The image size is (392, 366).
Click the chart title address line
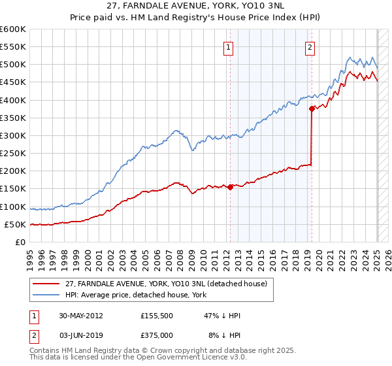tap(195, 6)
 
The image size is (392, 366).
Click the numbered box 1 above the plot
tap(229, 46)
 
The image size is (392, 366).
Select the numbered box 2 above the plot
tap(309, 46)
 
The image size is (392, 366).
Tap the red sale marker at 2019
tap(312, 109)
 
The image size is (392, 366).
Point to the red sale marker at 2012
tap(230, 187)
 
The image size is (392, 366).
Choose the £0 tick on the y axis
tap(20, 242)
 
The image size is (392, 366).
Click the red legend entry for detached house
tap(166, 284)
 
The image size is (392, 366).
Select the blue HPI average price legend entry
tap(135, 295)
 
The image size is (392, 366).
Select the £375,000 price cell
tap(157, 335)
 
